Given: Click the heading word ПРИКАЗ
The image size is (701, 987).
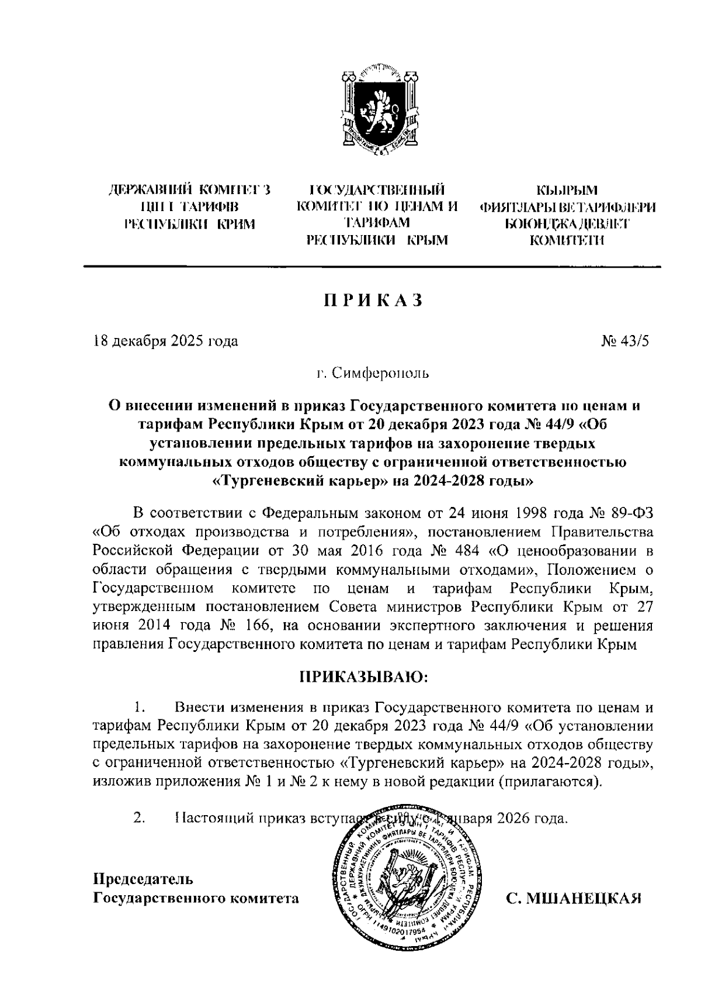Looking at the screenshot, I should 372,300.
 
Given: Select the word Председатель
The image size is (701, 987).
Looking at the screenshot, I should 144,879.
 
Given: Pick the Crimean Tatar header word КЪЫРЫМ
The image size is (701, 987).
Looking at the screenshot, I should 567,190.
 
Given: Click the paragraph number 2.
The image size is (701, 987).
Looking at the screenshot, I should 139,818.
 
